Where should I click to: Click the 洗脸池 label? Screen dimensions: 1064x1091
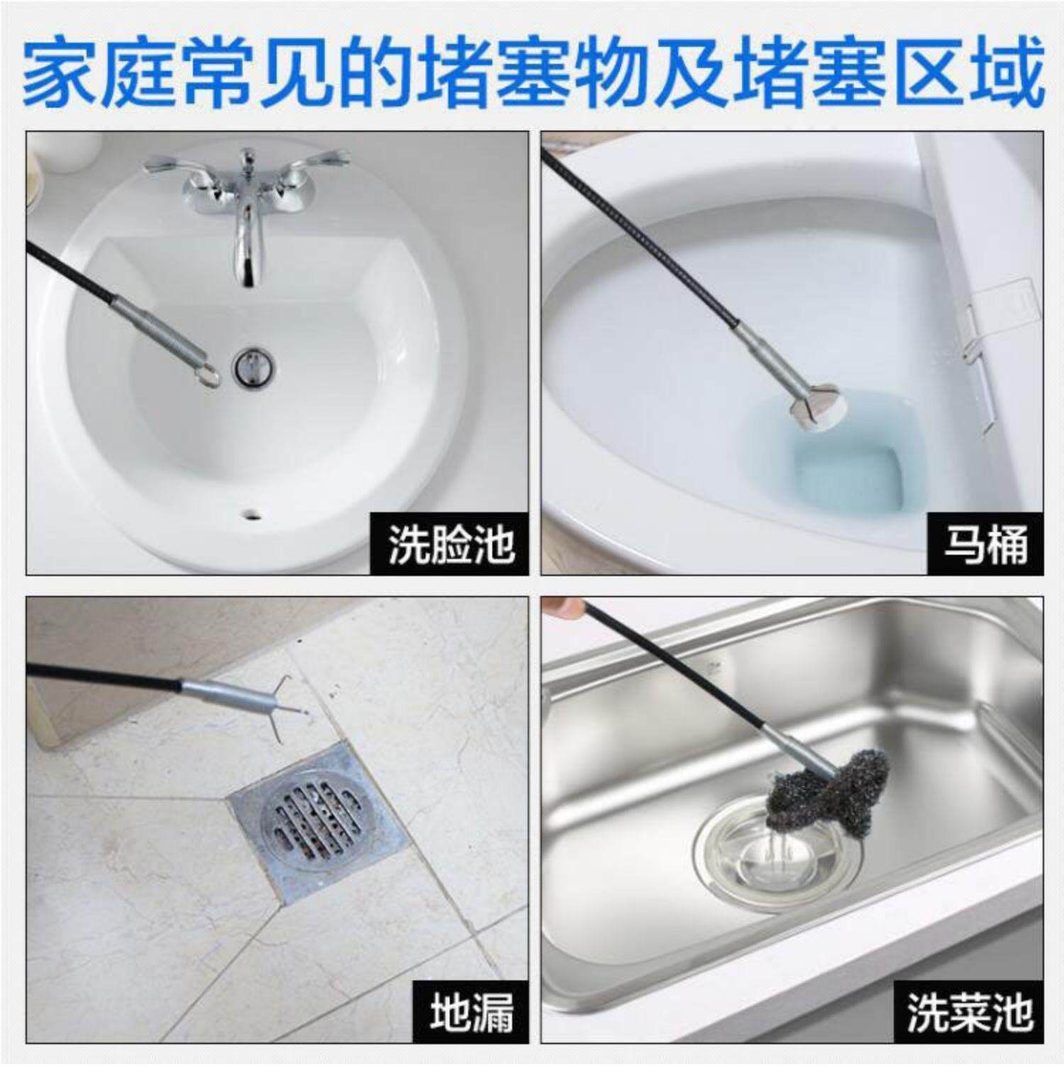coord(450,545)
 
